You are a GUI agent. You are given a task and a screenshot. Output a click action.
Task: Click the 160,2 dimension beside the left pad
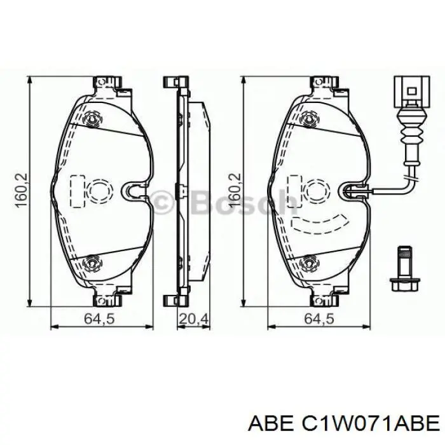[22, 190]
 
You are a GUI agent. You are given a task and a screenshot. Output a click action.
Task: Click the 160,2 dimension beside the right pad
[235, 190]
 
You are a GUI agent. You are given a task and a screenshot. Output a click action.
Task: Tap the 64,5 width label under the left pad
[99, 318]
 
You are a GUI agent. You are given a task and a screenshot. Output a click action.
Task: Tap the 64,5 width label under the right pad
[319, 318]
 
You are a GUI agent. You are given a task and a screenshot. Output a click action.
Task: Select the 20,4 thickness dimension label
[194, 318]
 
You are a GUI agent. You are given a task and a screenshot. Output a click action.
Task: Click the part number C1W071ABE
[370, 424]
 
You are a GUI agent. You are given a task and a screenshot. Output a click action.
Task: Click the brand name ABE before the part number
[270, 424]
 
